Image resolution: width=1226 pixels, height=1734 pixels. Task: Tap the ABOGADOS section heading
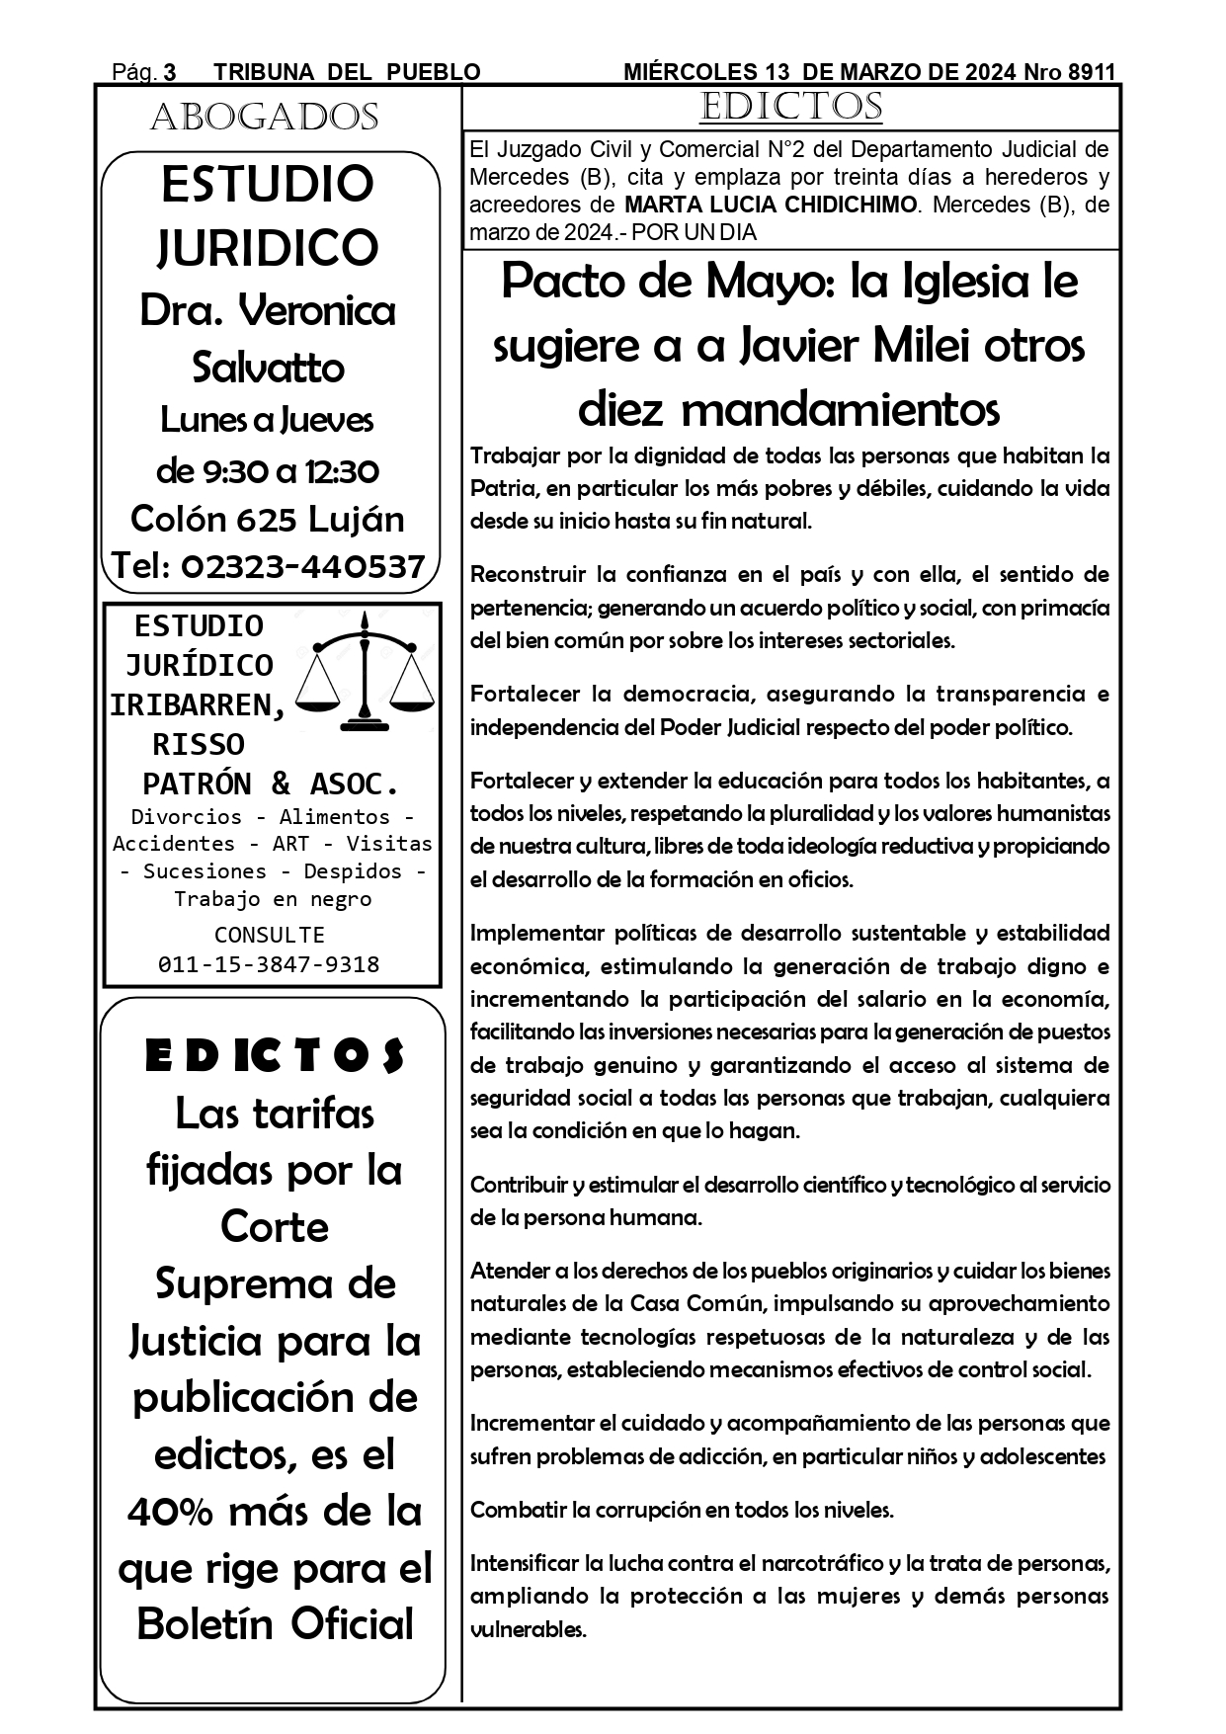coord(264,118)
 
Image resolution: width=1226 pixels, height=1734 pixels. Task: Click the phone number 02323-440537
coord(303,566)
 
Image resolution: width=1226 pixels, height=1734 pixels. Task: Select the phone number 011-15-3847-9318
coord(269,964)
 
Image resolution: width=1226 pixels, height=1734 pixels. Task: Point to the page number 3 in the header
coord(169,72)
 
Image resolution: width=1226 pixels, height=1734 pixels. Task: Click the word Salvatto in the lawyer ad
coord(268,368)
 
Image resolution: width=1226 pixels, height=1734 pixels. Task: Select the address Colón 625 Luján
coord(268,519)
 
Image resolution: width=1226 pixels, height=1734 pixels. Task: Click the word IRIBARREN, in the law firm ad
coord(199,704)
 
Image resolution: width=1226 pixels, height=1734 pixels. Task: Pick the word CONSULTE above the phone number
coord(269,935)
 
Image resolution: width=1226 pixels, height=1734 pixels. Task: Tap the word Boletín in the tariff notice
coord(206,1624)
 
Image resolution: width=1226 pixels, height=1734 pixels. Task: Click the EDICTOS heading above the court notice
coord(790,107)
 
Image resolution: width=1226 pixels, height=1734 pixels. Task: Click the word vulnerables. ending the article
coord(529,1629)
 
